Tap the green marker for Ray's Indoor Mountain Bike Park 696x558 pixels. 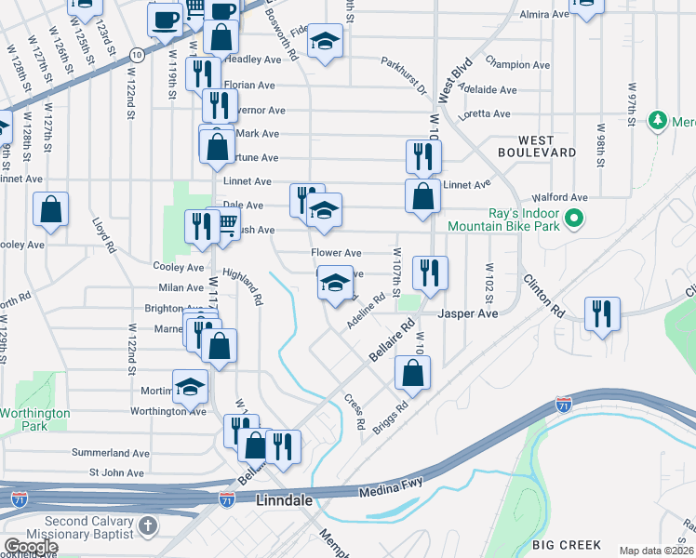click(574, 219)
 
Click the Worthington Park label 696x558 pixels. click(35, 418)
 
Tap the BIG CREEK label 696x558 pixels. click(567, 544)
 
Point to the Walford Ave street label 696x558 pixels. click(559, 197)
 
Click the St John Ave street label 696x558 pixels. click(116, 472)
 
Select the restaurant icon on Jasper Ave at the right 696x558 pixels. click(602, 313)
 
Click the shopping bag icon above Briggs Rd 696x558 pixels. click(412, 372)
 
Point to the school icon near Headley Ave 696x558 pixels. click(325, 41)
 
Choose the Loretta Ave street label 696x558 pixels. click(488, 113)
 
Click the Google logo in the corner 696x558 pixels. click(31, 547)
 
